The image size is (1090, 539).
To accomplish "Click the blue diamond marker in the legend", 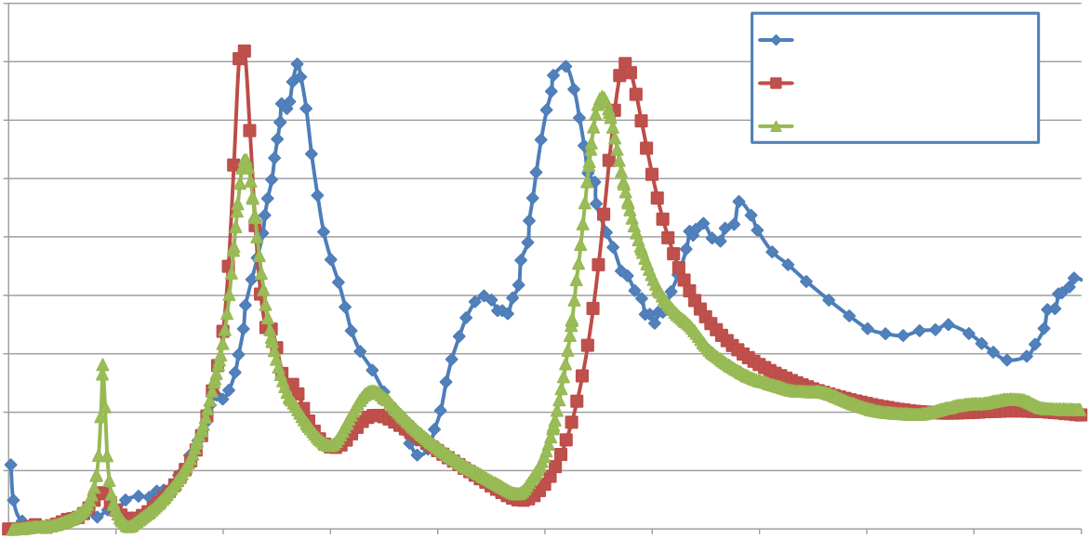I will pyautogui.click(x=776, y=40).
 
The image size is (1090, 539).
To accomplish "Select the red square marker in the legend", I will pyautogui.click(x=776, y=83).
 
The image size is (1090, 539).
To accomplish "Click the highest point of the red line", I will pyautogui.click(x=244, y=51).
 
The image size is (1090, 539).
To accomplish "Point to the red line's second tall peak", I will pyautogui.click(x=625, y=63).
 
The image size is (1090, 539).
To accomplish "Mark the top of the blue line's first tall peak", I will pyautogui.click(x=297, y=64).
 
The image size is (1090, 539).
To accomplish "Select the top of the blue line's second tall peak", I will pyautogui.click(x=565, y=67).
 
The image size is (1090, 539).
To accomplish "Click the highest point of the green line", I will pyautogui.click(x=602, y=97).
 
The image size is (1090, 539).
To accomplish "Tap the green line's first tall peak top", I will pyautogui.click(x=246, y=160).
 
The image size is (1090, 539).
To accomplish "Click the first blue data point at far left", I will pyautogui.click(x=10, y=465).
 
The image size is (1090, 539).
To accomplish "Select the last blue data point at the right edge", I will pyautogui.click(x=1075, y=278).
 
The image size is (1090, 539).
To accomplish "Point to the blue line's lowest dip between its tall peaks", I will pyautogui.click(x=417, y=454).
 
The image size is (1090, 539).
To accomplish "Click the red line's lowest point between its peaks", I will pyautogui.click(x=520, y=500).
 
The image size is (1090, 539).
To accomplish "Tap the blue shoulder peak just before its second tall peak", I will pyautogui.click(x=483, y=296).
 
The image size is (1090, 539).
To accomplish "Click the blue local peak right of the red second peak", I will pyautogui.click(x=738, y=202).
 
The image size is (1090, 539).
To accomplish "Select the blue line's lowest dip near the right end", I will pyautogui.click(x=1006, y=361).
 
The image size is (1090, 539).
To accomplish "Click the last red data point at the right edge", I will pyautogui.click(x=1082, y=415).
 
